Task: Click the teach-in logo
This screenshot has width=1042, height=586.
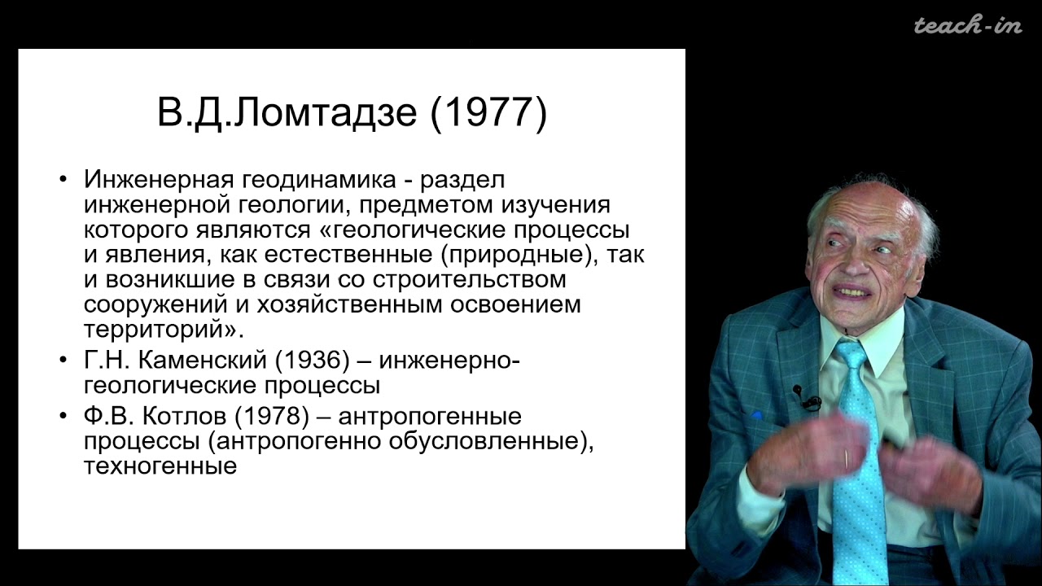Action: pyautogui.click(x=967, y=25)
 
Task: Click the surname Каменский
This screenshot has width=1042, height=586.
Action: pyautogui.click(x=192, y=359)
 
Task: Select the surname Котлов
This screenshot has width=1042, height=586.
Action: pyautogui.click(x=182, y=416)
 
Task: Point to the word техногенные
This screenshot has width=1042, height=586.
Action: pyautogui.click(x=160, y=466)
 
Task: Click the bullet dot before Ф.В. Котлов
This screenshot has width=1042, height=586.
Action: pyautogui.click(x=64, y=416)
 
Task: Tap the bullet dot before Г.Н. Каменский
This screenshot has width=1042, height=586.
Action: pyautogui.click(x=64, y=359)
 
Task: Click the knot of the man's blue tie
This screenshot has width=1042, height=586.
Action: pyautogui.click(x=852, y=355)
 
